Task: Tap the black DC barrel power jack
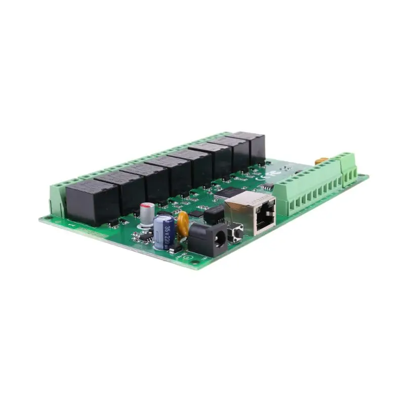pyautogui.click(x=209, y=239)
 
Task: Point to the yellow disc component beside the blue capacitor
pyautogui.click(x=183, y=224)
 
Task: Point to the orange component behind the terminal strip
pyautogui.click(x=320, y=161)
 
